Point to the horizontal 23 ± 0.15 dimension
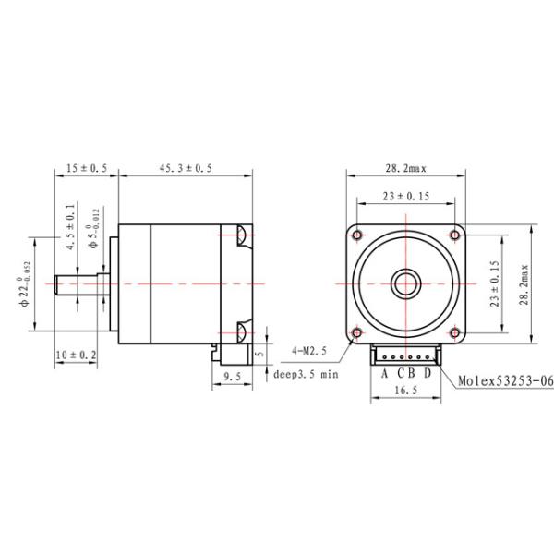tap(405, 196)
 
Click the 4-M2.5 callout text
tap(309, 352)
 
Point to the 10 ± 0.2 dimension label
tap(76, 355)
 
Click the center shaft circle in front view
tap(405, 282)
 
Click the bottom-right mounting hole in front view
tap(454, 331)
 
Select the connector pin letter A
tap(386, 373)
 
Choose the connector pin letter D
tap(427, 373)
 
